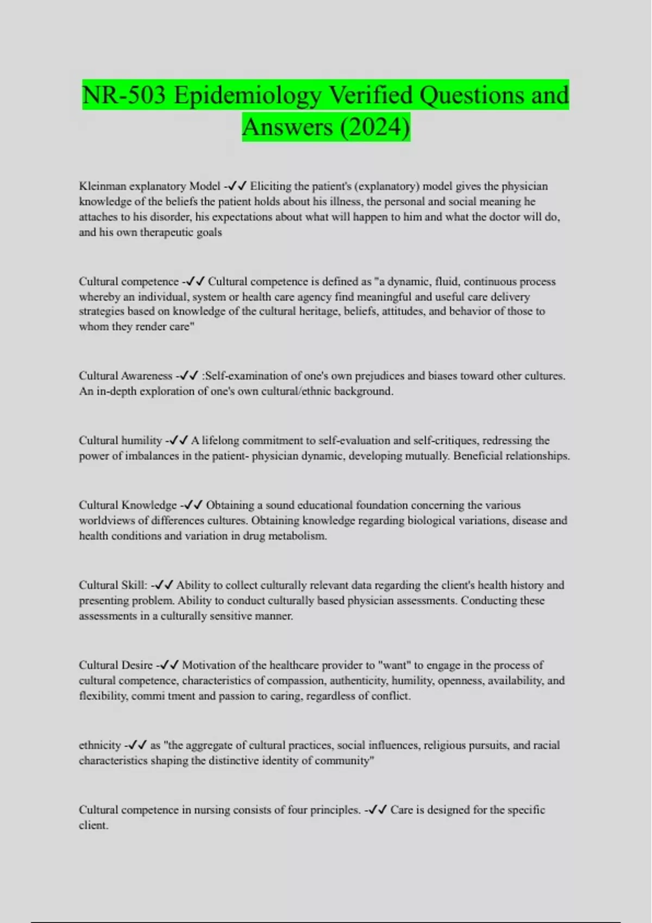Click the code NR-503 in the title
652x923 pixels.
124,96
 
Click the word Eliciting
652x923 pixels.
271,186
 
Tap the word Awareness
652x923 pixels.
147,376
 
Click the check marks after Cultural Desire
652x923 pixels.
170,665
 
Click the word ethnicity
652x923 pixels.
99,745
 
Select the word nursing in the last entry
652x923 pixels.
208,810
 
